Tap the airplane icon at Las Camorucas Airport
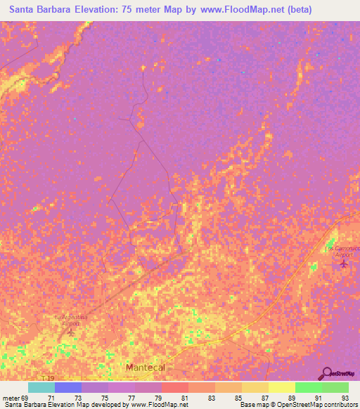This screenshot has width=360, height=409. click(343, 265)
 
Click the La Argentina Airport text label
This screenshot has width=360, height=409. click(71, 320)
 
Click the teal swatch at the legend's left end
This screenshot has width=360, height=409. click(41, 387)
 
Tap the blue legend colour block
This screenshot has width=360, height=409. click(68, 387)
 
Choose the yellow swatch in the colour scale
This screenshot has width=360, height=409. click(281, 387)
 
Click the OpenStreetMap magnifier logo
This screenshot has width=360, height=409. click(327, 374)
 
